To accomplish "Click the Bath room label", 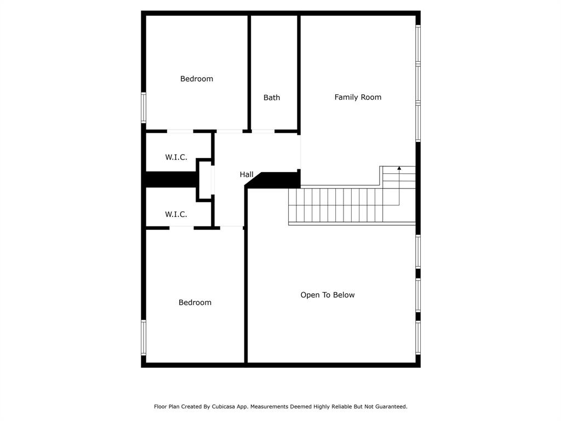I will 272,98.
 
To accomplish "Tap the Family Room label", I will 358,97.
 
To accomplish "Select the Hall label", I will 247,174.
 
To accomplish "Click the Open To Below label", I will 327,295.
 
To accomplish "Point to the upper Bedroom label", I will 197,79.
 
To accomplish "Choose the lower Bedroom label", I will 195,303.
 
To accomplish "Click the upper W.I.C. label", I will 176,157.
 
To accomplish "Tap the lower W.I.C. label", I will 176,214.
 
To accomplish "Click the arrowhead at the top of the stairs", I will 399,168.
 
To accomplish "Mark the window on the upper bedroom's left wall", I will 144,107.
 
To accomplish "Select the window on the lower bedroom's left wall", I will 144,338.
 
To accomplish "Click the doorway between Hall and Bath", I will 263,132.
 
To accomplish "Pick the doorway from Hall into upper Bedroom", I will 230,132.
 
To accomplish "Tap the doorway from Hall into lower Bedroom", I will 231,226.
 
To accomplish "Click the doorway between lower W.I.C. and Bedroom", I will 181,227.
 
